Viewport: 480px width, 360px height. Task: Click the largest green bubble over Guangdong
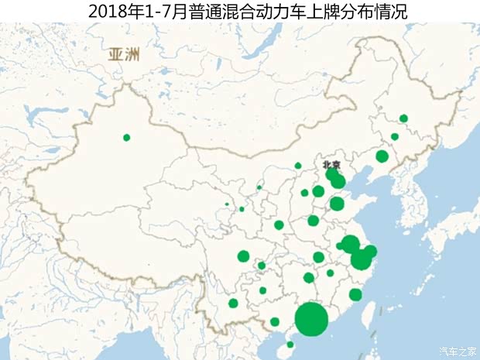point(312,319)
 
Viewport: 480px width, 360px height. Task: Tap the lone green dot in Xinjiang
point(127,138)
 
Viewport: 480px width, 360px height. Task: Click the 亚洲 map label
point(124,55)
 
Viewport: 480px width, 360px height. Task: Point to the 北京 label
point(332,164)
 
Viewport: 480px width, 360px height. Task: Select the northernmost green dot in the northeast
point(403,118)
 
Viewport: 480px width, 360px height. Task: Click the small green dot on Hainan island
point(290,345)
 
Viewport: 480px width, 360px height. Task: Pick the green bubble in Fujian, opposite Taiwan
point(355,294)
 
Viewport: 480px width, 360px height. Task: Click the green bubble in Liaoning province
point(382,156)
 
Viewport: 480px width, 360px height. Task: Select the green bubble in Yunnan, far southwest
point(234,303)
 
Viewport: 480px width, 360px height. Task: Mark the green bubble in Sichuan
point(243,256)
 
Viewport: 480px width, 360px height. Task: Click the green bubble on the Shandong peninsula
point(337,204)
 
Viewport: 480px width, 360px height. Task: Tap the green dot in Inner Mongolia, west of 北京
point(298,166)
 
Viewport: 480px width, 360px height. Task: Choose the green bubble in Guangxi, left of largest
point(275,321)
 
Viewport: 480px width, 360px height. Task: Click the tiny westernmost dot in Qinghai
point(227,204)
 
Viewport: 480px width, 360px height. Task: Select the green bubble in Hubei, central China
point(318,257)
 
